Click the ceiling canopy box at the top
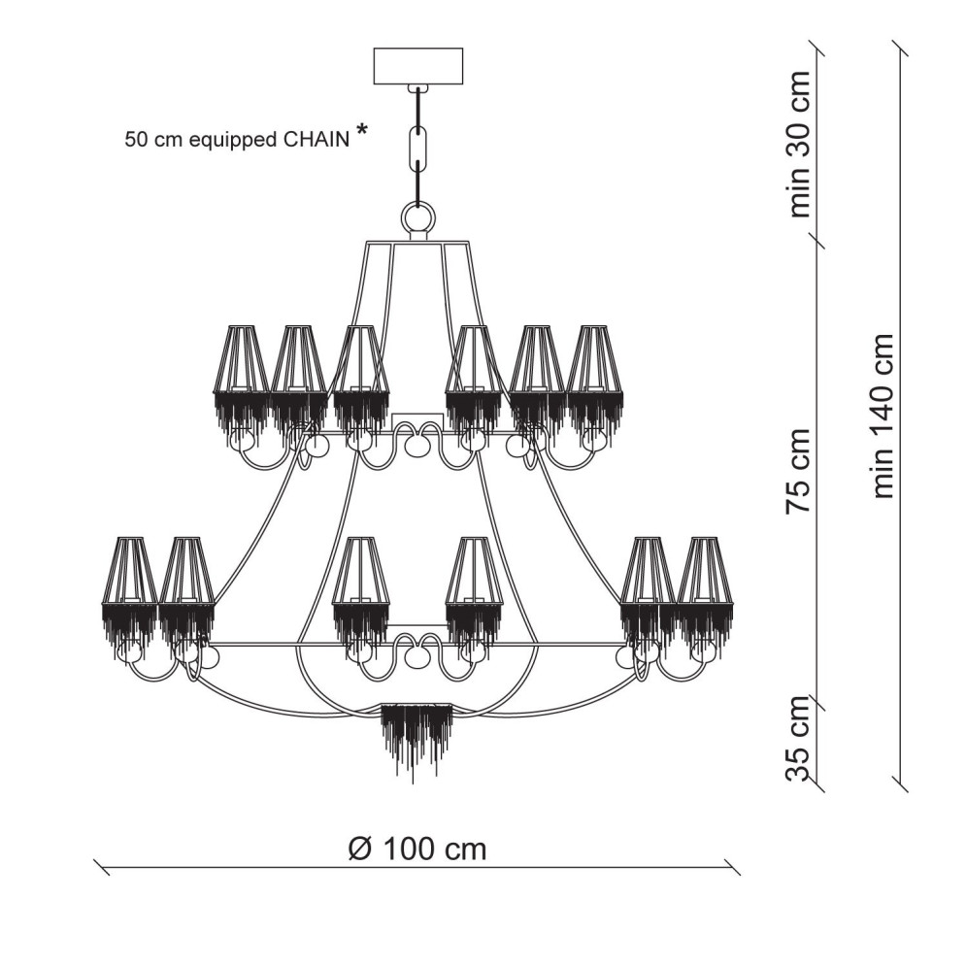click(418, 66)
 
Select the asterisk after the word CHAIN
click(361, 132)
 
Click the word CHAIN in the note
click(315, 140)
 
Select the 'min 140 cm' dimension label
click(883, 416)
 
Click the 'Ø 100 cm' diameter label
click(417, 849)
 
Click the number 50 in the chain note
click(135, 140)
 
